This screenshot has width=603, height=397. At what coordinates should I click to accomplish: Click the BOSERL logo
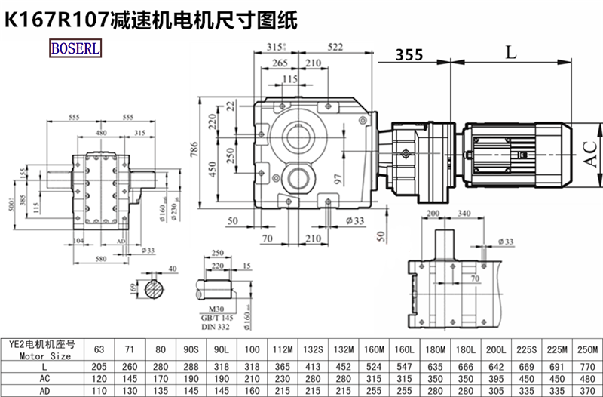click(x=75, y=49)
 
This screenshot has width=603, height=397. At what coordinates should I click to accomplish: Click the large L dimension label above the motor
click(x=511, y=52)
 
